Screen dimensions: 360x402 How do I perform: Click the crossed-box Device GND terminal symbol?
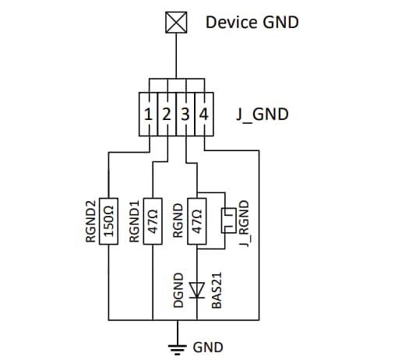(178, 23)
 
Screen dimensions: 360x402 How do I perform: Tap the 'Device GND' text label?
(252, 22)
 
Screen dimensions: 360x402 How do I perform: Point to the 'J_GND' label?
(262, 115)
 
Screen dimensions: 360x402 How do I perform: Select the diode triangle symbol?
(198, 291)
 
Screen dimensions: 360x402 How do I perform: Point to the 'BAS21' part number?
(218, 290)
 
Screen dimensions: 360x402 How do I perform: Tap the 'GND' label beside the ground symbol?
(207, 346)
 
